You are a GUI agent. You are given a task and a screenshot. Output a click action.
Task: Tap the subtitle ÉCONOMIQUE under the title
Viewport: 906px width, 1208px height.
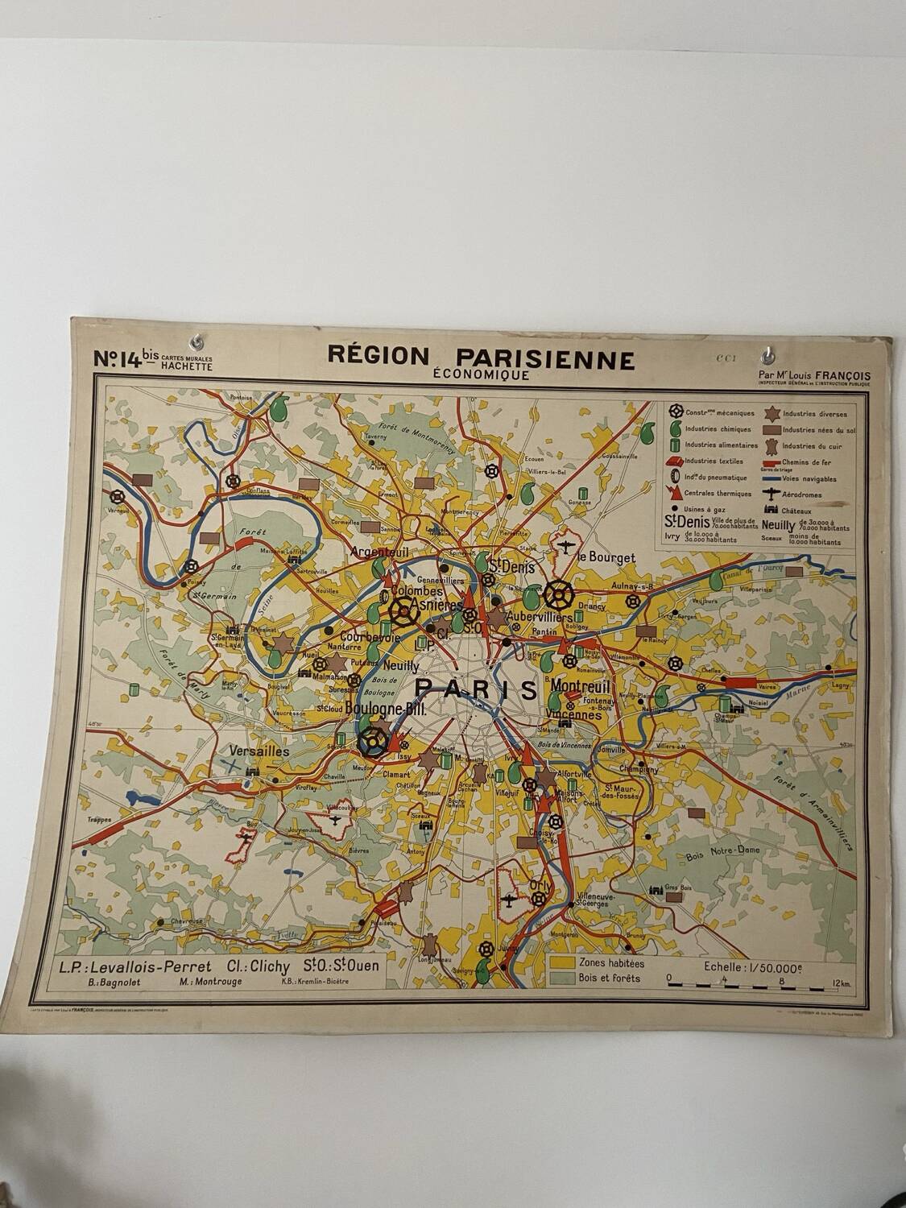pyautogui.click(x=481, y=374)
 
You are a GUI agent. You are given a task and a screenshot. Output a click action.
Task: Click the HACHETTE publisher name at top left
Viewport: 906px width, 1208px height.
pyautogui.click(x=187, y=366)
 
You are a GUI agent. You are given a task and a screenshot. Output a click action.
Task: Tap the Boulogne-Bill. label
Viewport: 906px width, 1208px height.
pyautogui.click(x=383, y=709)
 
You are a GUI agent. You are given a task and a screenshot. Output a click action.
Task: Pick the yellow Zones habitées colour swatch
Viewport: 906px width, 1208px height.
pyautogui.click(x=561, y=962)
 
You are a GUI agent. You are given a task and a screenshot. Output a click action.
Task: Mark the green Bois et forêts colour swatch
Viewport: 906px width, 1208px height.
pyautogui.click(x=561, y=978)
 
